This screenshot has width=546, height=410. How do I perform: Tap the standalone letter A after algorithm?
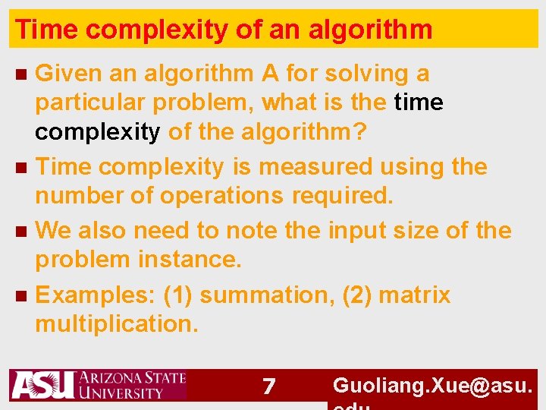click(269, 74)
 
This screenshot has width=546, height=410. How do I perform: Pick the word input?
click(356, 230)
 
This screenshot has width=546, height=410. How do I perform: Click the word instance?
click(190, 260)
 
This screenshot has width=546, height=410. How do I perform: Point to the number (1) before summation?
click(177, 295)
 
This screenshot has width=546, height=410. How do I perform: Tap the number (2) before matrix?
click(356, 295)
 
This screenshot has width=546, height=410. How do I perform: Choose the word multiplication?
click(116, 324)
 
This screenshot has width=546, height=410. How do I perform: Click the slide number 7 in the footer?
click(268, 386)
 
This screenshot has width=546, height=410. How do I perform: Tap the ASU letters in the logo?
click(42, 386)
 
